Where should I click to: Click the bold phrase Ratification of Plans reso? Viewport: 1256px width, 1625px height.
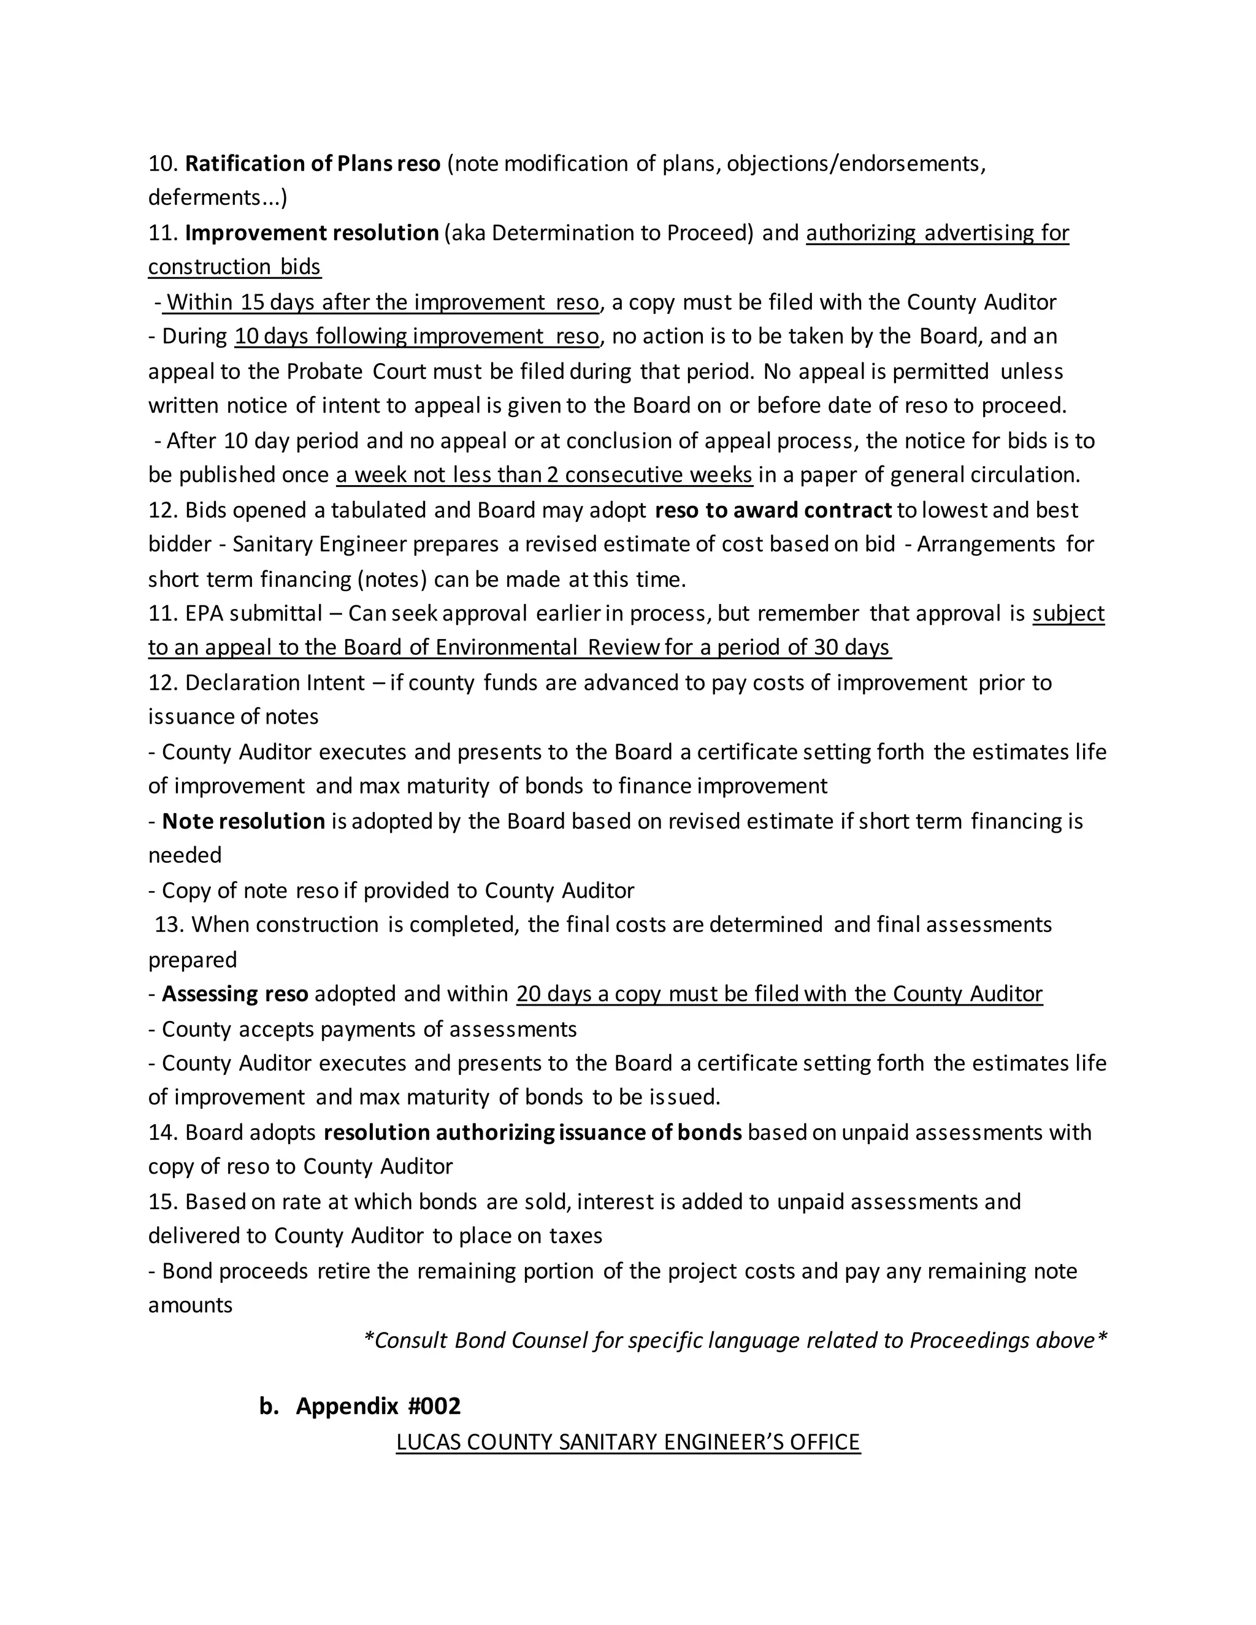tap(313, 164)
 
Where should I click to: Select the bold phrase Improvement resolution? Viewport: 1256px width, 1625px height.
tap(312, 233)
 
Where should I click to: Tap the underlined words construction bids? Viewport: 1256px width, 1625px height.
tap(234, 267)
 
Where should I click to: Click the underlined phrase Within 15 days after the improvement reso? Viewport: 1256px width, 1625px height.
tap(381, 302)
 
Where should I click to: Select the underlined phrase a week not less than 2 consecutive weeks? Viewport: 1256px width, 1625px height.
tap(545, 475)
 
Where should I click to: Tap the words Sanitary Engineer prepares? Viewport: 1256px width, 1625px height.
tap(366, 545)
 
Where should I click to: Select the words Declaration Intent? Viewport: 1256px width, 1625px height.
tap(275, 683)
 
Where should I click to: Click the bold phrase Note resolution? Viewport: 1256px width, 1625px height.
tap(243, 822)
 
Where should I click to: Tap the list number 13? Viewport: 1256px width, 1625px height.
tap(169, 925)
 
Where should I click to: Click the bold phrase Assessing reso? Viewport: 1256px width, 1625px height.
tap(235, 994)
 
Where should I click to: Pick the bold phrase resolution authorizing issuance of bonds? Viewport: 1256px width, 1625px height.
tap(533, 1133)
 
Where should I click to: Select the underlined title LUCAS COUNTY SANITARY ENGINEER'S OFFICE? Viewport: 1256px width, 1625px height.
tap(628, 1442)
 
